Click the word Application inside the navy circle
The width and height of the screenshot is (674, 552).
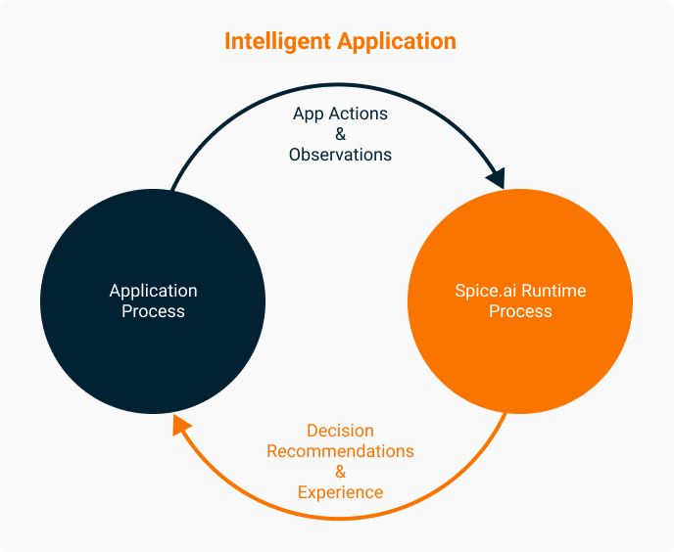coord(153,291)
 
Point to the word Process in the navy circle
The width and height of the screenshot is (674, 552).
coord(153,311)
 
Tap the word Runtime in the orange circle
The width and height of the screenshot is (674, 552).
coord(554,291)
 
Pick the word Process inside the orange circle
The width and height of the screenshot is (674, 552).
coord(520,311)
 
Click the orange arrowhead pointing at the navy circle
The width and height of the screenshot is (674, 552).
coord(180,424)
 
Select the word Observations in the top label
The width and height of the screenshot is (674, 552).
coord(340,155)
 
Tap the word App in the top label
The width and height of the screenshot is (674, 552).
coord(309,114)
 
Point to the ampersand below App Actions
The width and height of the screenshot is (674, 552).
coord(340,134)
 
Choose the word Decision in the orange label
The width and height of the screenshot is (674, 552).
coord(340,431)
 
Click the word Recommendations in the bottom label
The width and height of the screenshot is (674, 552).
coord(340,451)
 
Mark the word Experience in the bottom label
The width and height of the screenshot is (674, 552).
coord(340,492)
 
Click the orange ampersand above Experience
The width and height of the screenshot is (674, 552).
coord(340,472)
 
